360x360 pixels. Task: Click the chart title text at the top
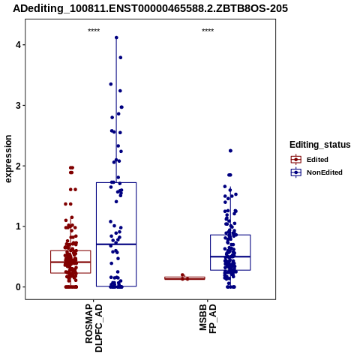point(150,9)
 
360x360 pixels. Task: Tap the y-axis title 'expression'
point(8,159)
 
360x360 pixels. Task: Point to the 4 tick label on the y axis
point(18,45)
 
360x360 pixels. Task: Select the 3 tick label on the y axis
point(18,106)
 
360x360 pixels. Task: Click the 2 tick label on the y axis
point(18,166)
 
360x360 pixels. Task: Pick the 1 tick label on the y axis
point(18,226)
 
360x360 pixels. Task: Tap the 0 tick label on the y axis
point(18,287)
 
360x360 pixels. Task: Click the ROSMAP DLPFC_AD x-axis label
point(94,328)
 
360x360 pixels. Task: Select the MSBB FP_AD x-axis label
point(208,319)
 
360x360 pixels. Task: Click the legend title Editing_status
point(320,145)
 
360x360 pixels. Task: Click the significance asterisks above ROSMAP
point(94,31)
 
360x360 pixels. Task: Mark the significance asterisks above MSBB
point(208,31)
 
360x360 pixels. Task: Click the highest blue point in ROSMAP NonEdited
point(116,37)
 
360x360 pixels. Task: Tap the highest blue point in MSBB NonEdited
point(230,151)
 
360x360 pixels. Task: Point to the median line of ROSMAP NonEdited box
point(116,244)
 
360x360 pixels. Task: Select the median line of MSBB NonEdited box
point(230,256)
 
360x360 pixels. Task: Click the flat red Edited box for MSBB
point(184,278)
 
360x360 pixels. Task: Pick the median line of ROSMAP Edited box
point(70,262)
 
